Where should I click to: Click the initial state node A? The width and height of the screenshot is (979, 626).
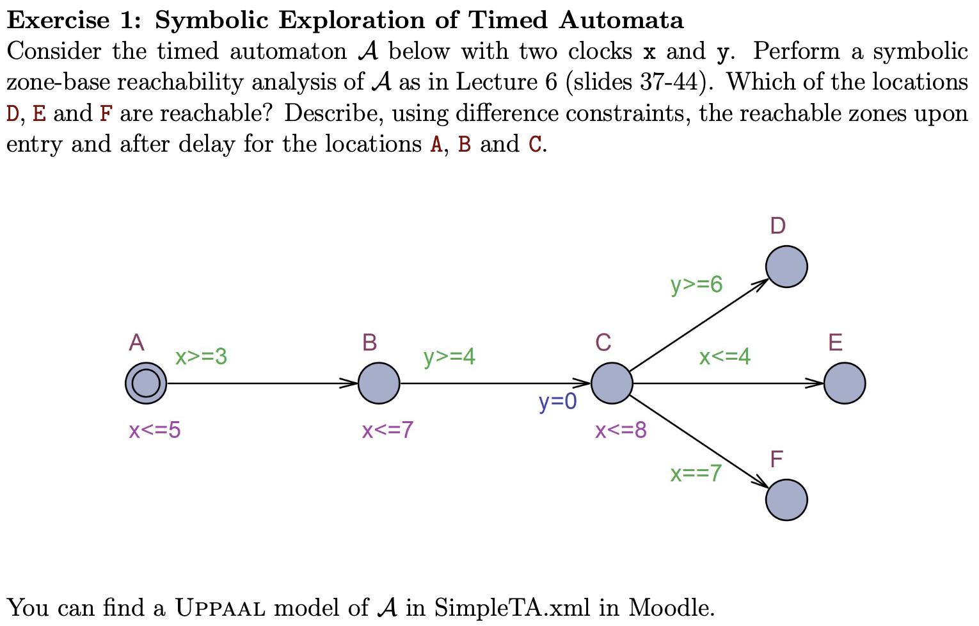pos(146,383)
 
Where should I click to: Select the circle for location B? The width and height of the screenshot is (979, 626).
pos(379,383)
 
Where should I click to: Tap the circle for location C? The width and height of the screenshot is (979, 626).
pos(612,383)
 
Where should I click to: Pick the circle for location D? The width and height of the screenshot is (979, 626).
pos(786,267)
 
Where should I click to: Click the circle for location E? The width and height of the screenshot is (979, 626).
pos(845,383)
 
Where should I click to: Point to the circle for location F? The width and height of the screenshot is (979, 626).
pos(786,500)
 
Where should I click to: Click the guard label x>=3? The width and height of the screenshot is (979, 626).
pos(201,357)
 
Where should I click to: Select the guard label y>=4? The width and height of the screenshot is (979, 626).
pos(449,357)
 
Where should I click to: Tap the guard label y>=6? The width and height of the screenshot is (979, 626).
pos(696,284)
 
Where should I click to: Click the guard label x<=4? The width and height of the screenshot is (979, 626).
pos(724,357)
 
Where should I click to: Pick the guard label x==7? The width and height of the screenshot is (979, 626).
pos(696,473)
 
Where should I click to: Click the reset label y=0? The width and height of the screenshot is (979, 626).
pos(557,402)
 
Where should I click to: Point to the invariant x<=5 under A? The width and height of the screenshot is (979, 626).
pos(155,430)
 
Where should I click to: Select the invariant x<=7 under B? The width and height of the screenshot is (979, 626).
pos(388,430)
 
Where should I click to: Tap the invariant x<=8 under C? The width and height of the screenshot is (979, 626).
pos(621,430)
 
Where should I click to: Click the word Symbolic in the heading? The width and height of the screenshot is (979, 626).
pos(211,20)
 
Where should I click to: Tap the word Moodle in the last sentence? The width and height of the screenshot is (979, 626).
pos(671,607)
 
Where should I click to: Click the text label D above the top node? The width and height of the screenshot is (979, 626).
pos(777,226)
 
